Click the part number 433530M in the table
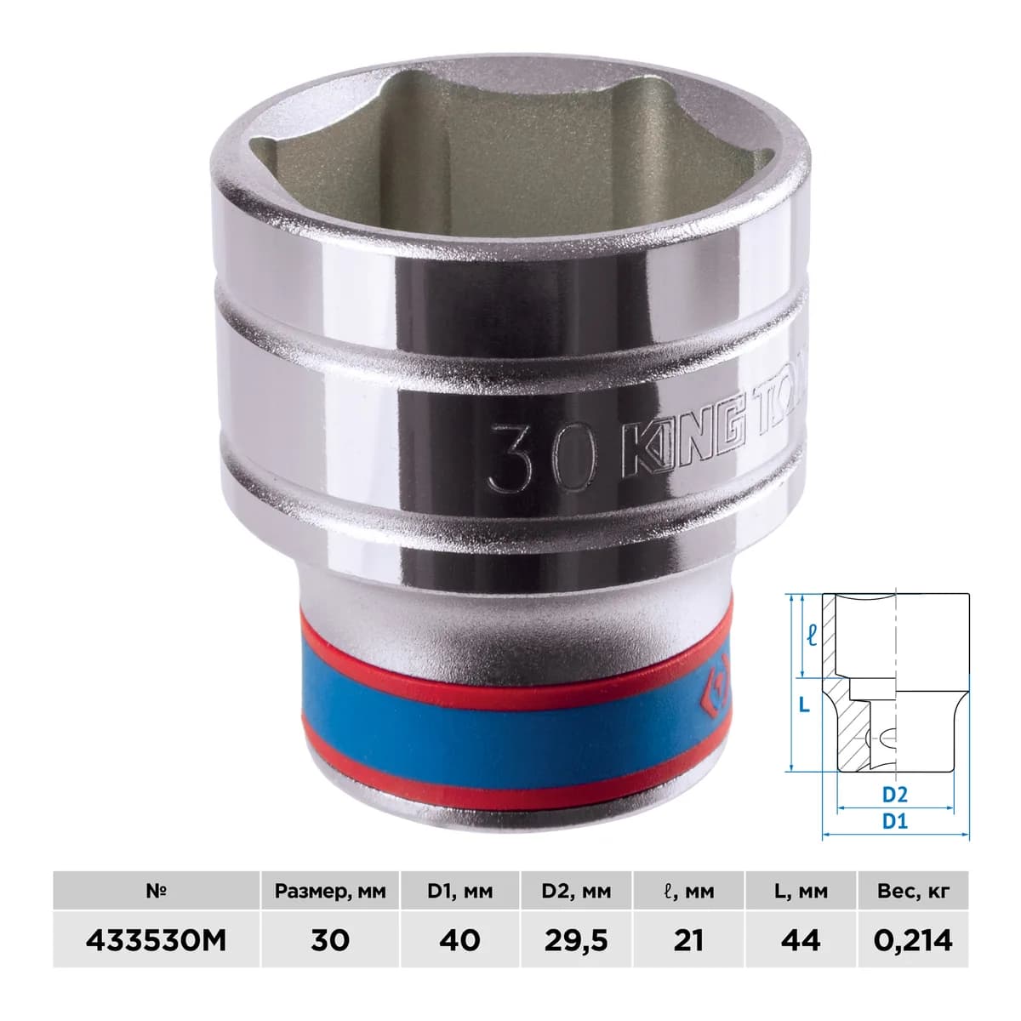[156, 941]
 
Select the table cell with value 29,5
[576, 941]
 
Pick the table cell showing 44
[801, 941]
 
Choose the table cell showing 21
[688, 941]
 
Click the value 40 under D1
[460, 941]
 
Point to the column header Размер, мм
[329, 891]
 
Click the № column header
[156, 891]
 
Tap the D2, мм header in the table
[576, 891]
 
